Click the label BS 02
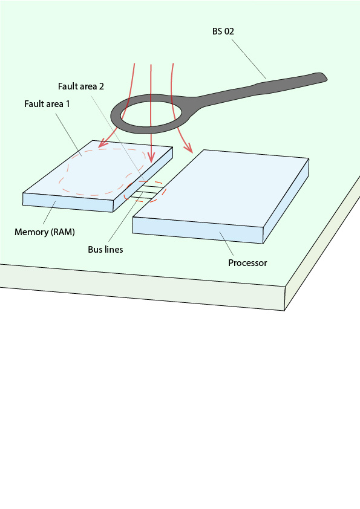coord(223,31)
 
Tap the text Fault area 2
coord(81,86)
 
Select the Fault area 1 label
coord(47,104)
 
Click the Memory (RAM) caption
coord(45,232)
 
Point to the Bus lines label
coord(106,249)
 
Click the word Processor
coord(247,262)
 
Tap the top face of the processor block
coord(221,188)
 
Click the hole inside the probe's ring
coord(151,115)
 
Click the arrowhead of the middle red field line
coord(151,158)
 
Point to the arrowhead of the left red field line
coord(103,143)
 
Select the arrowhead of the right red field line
coord(188,148)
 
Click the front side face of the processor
coord(197,230)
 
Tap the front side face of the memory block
coord(68,203)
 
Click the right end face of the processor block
coord(286,201)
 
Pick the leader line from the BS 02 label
coord(249,59)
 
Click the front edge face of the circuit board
coord(142,287)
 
